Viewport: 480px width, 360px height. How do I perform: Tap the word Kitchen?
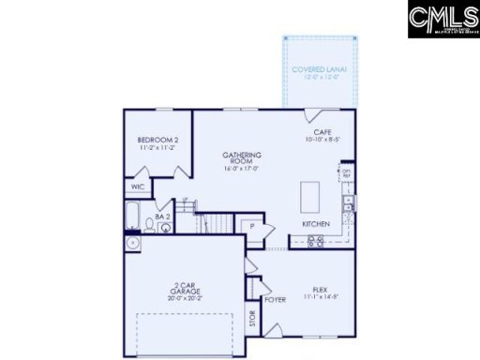point(315,224)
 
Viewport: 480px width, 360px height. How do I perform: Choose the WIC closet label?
point(138,187)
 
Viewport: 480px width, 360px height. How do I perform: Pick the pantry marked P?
point(250,226)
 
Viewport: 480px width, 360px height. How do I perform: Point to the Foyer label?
point(274,300)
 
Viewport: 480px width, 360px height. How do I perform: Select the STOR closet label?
point(251,320)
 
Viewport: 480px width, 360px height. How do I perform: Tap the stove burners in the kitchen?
point(316,240)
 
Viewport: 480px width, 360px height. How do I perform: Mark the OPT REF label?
point(345,172)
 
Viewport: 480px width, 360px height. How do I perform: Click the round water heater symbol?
point(132,243)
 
